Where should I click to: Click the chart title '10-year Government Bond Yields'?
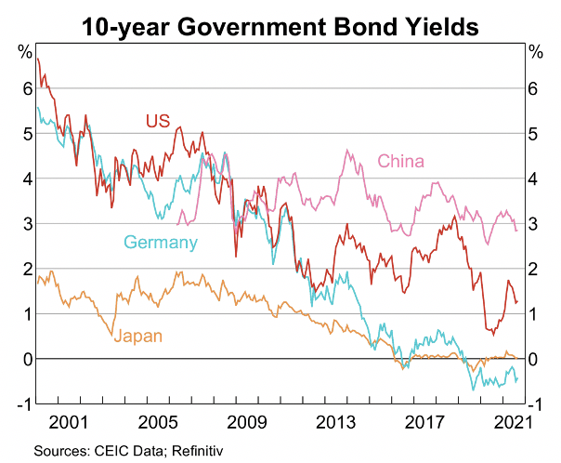(280, 25)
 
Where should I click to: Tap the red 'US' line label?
(157, 120)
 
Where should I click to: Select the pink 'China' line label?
(400, 162)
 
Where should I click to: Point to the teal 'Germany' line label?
(161, 244)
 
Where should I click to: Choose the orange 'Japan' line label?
(137, 336)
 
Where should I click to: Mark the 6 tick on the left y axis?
(28, 89)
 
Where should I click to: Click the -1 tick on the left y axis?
(25, 403)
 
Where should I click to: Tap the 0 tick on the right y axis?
(532, 359)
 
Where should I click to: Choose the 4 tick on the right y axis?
(532, 179)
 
